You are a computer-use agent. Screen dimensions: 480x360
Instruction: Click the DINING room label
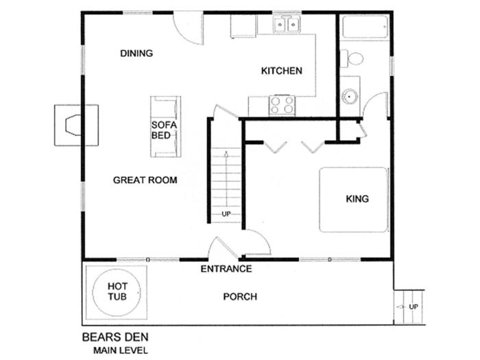pos(136,53)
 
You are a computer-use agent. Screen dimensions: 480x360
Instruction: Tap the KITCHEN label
pos(282,71)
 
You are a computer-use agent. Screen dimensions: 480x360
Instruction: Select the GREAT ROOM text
pos(145,180)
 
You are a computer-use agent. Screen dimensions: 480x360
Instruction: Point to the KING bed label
pos(357,199)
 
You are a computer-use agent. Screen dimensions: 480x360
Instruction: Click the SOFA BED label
pos(164,130)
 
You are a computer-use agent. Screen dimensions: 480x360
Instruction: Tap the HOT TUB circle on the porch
pos(117,292)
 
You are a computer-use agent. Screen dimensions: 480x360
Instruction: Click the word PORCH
pos(240,297)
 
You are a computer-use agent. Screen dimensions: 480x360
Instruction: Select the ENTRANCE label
pos(226,269)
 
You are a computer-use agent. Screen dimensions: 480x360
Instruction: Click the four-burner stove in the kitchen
pos(282,106)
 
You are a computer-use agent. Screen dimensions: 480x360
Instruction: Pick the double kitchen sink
pos(287,24)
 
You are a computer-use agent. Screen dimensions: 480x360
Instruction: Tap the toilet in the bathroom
pos(352,58)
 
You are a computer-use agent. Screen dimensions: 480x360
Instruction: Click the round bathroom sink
pos(350,97)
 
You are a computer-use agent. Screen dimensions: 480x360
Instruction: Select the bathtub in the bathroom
pos(365,27)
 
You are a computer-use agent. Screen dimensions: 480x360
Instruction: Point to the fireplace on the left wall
pos(76,125)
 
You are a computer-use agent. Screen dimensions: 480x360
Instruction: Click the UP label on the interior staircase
pos(226,214)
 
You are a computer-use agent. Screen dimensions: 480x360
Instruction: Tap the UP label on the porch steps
pos(413,307)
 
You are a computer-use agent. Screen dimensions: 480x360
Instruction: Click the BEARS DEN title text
pos(115,337)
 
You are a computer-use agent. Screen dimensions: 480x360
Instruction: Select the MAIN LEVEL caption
pos(121,350)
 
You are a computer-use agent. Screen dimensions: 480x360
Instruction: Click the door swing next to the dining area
pos(189,28)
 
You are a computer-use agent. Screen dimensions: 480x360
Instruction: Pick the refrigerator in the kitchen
pos(243,26)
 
